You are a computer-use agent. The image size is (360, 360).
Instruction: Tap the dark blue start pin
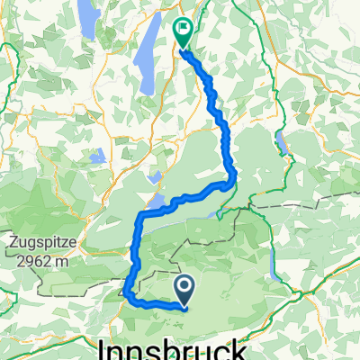point(184,289)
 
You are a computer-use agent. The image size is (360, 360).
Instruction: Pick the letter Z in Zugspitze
point(15,241)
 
